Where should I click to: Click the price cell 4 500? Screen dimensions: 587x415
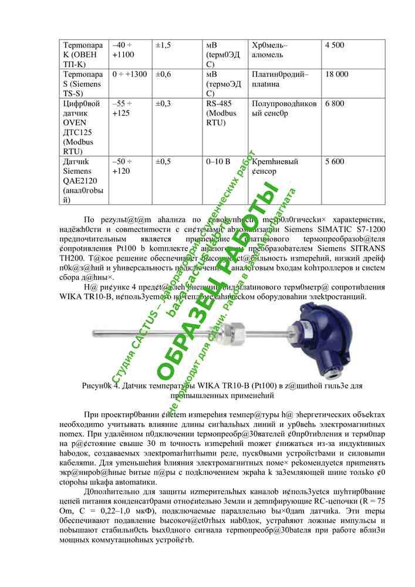334,45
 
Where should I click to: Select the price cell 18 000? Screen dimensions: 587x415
336,75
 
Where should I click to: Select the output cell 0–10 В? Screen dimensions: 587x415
218,161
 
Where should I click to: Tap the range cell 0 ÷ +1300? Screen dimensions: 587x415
129,75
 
